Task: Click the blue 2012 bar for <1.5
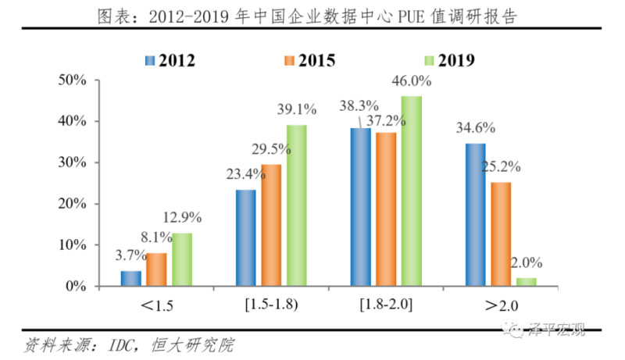coord(131,278)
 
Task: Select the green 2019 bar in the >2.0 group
coord(527,282)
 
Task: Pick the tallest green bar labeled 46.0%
coord(411,191)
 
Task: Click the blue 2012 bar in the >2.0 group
coord(476,215)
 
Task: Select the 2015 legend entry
coord(312,60)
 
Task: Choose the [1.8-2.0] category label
coord(386,302)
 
